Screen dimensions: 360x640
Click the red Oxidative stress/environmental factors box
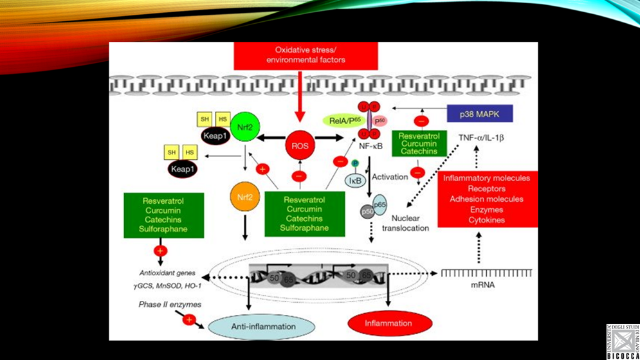[301, 55]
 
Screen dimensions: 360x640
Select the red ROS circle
[299, 146]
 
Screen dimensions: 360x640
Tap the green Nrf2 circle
[244, 127]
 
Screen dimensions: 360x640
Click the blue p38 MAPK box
[480, 114]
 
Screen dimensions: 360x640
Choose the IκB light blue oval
[356, 181]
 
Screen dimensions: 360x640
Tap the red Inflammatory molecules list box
[488, 199]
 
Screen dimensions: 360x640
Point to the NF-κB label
[371, 147]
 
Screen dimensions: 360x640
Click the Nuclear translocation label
[405, 222]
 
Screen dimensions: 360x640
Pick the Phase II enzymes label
[169, 304]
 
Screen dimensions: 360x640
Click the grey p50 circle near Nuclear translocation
[369, 212]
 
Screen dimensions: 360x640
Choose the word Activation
[390, 176]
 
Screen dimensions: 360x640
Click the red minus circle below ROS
[299, 175]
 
